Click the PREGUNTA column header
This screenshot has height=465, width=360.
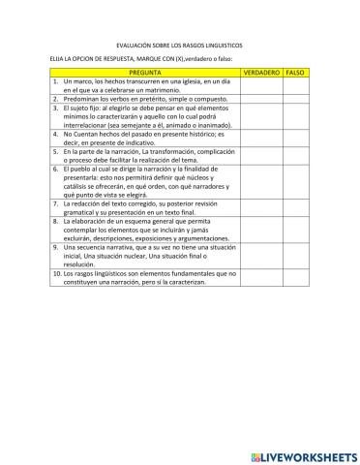tap(144, 73)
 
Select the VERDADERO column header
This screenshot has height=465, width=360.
tap(260, 73)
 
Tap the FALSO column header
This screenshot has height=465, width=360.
tap(296, 73)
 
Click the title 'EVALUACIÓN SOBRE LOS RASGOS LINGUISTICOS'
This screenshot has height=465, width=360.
tap(179, 45)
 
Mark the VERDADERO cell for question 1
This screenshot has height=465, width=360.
tap(260, 85)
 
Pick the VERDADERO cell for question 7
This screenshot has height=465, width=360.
tap(260, 209)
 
